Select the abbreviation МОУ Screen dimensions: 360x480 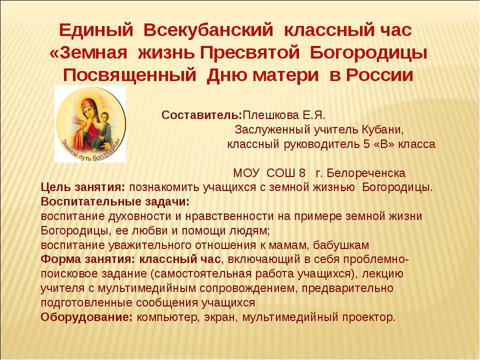tap(246, 173)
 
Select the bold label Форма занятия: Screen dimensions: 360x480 tap(87, 259)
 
